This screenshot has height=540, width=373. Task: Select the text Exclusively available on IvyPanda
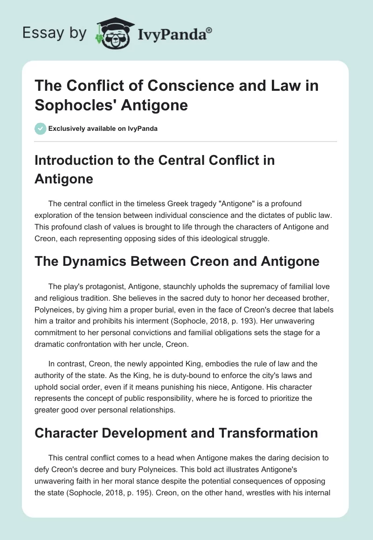tap(103, 128)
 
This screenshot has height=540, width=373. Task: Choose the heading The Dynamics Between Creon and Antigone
tap(177, 262)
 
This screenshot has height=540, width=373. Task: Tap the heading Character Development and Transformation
tap(176, 433)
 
